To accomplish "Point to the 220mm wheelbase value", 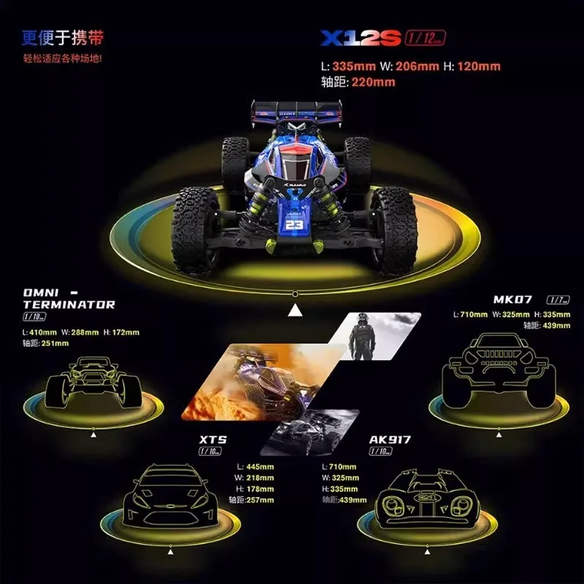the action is [x=373, y=82].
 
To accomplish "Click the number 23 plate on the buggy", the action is [x=294, y=225].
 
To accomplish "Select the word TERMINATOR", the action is [x=69, y=304].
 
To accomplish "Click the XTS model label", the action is [x=213, y=439].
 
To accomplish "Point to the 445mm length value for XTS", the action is [x=260, y=466].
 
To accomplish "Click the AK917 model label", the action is [x=390, y=439].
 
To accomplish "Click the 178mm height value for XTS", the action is [x=260, y=489].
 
